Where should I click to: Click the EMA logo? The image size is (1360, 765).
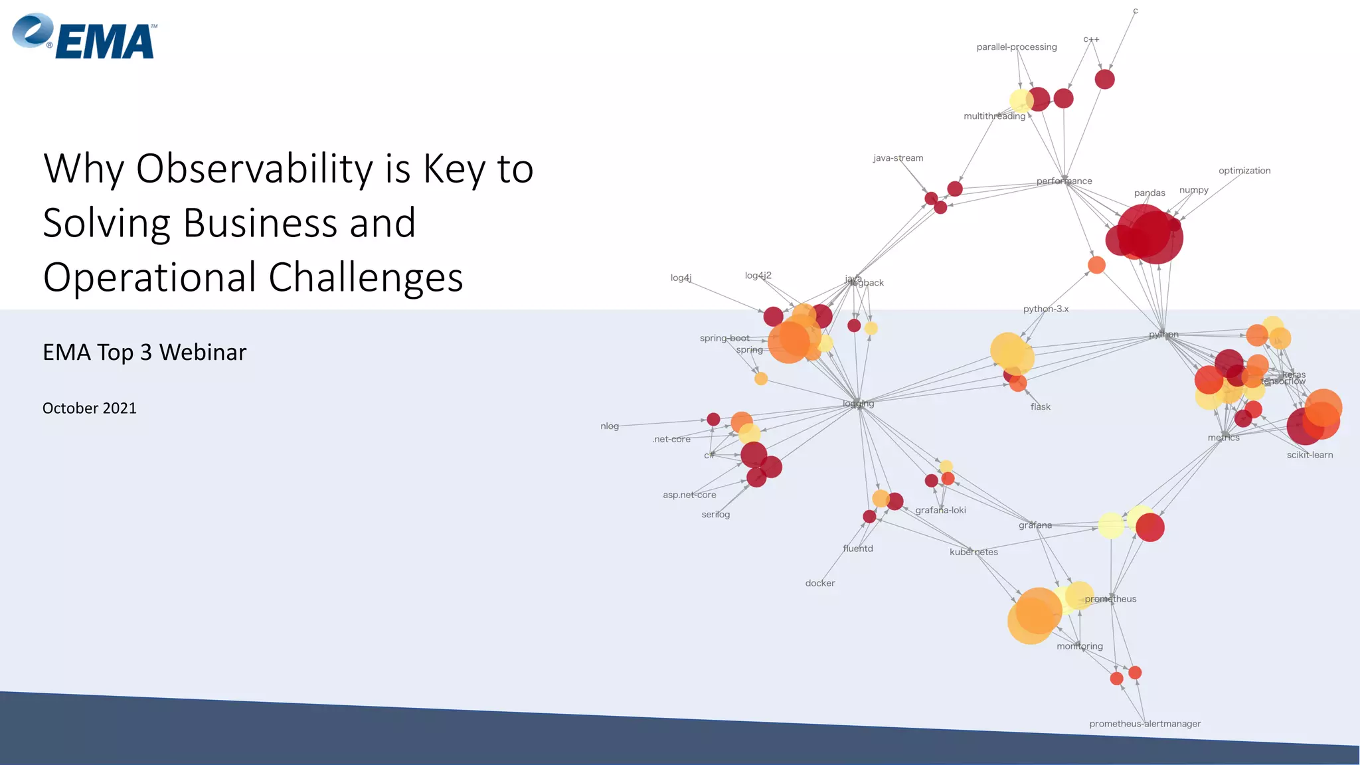(x=85, y=37)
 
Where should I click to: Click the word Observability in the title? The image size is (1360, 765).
(x=254, y=169)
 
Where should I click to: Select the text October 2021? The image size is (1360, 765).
(x=89, y=408)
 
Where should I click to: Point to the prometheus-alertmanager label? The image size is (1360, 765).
(x=1144, y=724)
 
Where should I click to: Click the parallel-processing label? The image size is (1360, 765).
(x=1016, y=47)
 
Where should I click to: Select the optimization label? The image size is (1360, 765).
(x=1244, y=171)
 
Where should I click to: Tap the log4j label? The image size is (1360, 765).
(x=681, y=278)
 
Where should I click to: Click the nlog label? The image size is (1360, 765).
(x=609, y=426)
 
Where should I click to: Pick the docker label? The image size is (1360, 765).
(x=819, y=583)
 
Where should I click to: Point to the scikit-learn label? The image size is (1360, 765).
(x=1309, y=455)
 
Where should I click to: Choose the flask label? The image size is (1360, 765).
(x=1040, y=407)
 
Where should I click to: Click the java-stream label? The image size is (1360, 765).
(x=898, y=158)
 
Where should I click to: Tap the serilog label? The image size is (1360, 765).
(x=715, y=515)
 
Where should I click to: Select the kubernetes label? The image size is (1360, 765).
(x=973, y=552)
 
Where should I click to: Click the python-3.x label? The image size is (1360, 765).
(x=1045, y=309)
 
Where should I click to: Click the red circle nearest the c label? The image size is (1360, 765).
(x=1104, y=79)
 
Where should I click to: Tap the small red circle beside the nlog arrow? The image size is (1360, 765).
(x=713, y=419)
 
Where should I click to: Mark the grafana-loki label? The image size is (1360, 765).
(x=940, y=510)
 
